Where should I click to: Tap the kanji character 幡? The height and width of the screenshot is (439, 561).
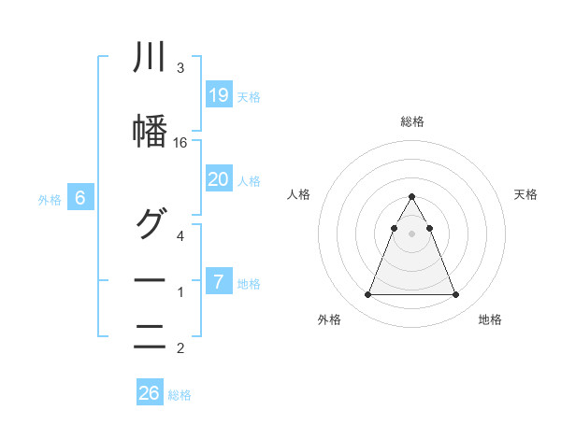point(150,132)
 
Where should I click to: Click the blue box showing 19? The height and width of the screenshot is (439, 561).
point(219,94)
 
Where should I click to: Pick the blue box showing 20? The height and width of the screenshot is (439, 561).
point(219,179)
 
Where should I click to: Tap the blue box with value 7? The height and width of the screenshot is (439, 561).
point(219,282)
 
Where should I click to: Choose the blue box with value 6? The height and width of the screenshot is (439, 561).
point(81,198)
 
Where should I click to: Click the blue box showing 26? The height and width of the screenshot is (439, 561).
point(150,393)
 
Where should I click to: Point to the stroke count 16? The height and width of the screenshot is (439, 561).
point(180,142)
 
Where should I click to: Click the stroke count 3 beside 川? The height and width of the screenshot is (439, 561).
point(180,68)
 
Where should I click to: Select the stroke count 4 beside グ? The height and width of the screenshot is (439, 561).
point(180,235)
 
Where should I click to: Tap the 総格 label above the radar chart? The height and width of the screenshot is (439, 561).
point(411,121)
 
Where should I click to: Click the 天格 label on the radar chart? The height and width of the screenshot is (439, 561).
point(525,194)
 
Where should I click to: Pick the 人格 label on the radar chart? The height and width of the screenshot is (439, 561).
point(298,194)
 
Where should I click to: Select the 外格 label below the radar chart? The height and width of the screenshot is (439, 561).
point(328,320)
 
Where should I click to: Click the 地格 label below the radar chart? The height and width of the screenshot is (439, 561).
point(490,320)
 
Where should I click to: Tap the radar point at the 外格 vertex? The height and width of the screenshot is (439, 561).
point(367,295)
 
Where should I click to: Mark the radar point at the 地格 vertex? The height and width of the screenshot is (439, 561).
point(455,295)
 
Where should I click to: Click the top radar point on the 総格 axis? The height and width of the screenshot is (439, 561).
point(411,196)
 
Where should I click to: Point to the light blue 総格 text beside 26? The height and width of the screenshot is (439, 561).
point(180,395)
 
